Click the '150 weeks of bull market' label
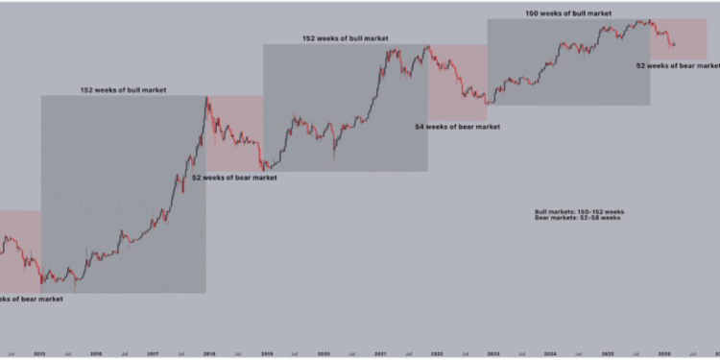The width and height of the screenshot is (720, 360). (567, 13)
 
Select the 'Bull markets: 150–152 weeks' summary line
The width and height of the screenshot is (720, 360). (580, 211)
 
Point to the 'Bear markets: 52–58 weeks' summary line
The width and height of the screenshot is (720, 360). (578, 218)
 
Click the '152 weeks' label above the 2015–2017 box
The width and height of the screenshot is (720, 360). (123, 90)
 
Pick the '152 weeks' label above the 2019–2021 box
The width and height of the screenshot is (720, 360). (346, 38)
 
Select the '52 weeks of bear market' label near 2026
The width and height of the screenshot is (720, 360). (678, 65)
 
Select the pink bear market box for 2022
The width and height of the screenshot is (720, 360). (457, 83)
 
